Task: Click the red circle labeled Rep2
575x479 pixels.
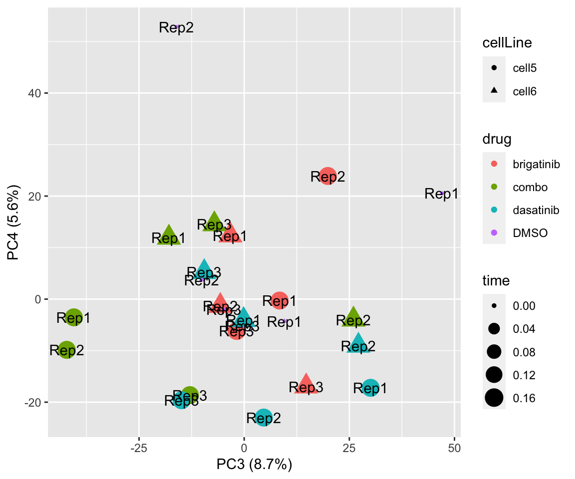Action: coord(327,176)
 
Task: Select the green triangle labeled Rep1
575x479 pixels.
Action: coord(169,236)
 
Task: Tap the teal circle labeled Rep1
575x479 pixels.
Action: coord(370,388)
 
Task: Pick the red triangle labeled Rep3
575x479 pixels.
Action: coord(306,384)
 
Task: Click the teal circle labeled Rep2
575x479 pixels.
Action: coord(264,418)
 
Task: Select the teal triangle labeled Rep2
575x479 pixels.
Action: coord(358,344)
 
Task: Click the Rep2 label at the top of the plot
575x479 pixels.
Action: coord(176,27)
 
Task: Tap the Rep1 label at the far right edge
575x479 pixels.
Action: coord(442,194)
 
